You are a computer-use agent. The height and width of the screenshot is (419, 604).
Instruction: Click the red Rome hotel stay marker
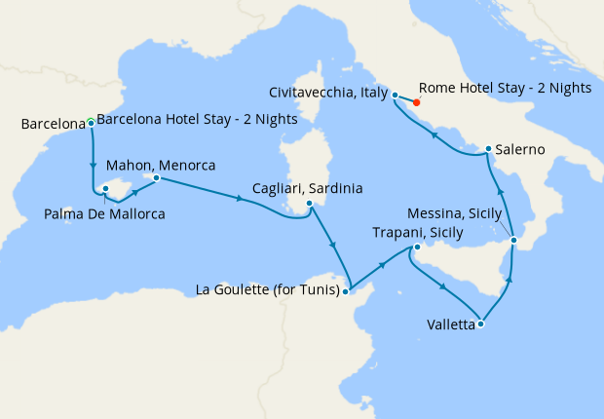point(416,101)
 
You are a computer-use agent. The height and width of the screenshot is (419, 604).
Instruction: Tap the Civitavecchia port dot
point(395,95)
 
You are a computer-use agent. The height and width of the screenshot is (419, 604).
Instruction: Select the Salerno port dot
point(488,149)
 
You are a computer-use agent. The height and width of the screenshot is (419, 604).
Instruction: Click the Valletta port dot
point(480,324)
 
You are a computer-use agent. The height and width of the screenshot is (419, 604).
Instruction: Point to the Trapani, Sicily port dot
point(416,248)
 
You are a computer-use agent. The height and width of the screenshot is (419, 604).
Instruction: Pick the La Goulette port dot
point(347,289)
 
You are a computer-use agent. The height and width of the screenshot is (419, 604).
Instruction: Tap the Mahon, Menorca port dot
point(156,178)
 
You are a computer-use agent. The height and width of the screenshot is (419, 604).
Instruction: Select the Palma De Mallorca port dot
point(104,192)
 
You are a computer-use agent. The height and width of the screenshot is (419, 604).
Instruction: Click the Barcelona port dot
point(91,124)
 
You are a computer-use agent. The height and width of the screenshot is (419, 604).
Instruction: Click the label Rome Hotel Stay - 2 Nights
point(505,88)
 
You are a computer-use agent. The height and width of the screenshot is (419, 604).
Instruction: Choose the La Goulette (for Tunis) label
point(268,289)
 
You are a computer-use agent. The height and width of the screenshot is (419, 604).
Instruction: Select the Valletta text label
point(450,324)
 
